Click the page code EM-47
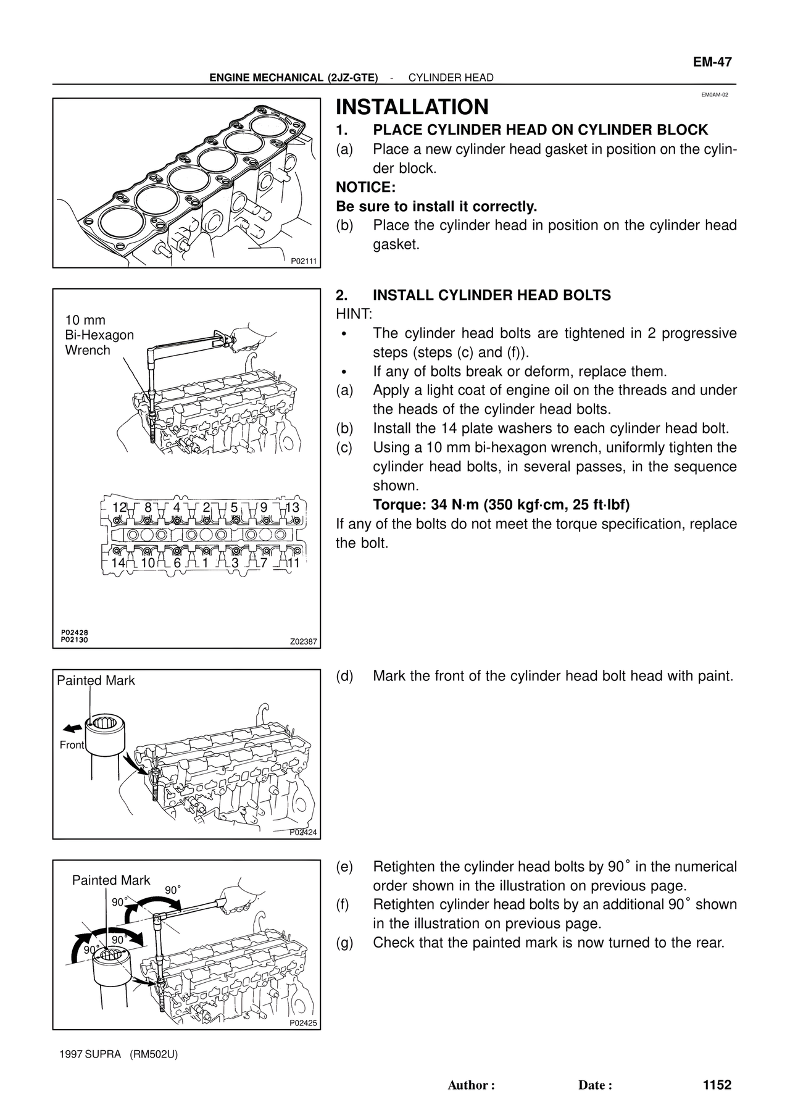(712, 62)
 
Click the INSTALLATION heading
(412, 107)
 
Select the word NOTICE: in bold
(365, 187)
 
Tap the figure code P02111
(304, 261)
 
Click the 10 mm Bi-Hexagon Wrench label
(99, 335)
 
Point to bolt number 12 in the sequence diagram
(119, 507)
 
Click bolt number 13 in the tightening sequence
(293, 507)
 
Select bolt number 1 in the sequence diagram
(205, 563)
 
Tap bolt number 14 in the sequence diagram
(117, 563)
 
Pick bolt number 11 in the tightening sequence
(293, 563)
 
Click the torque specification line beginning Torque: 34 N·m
(501, 505)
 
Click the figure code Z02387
(304, 642)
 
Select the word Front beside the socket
(72, 745)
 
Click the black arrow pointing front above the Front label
(73, 727)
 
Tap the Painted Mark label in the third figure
(96, 681)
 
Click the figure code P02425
(304, 1023)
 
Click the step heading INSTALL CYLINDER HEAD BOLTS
(492, 295)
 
